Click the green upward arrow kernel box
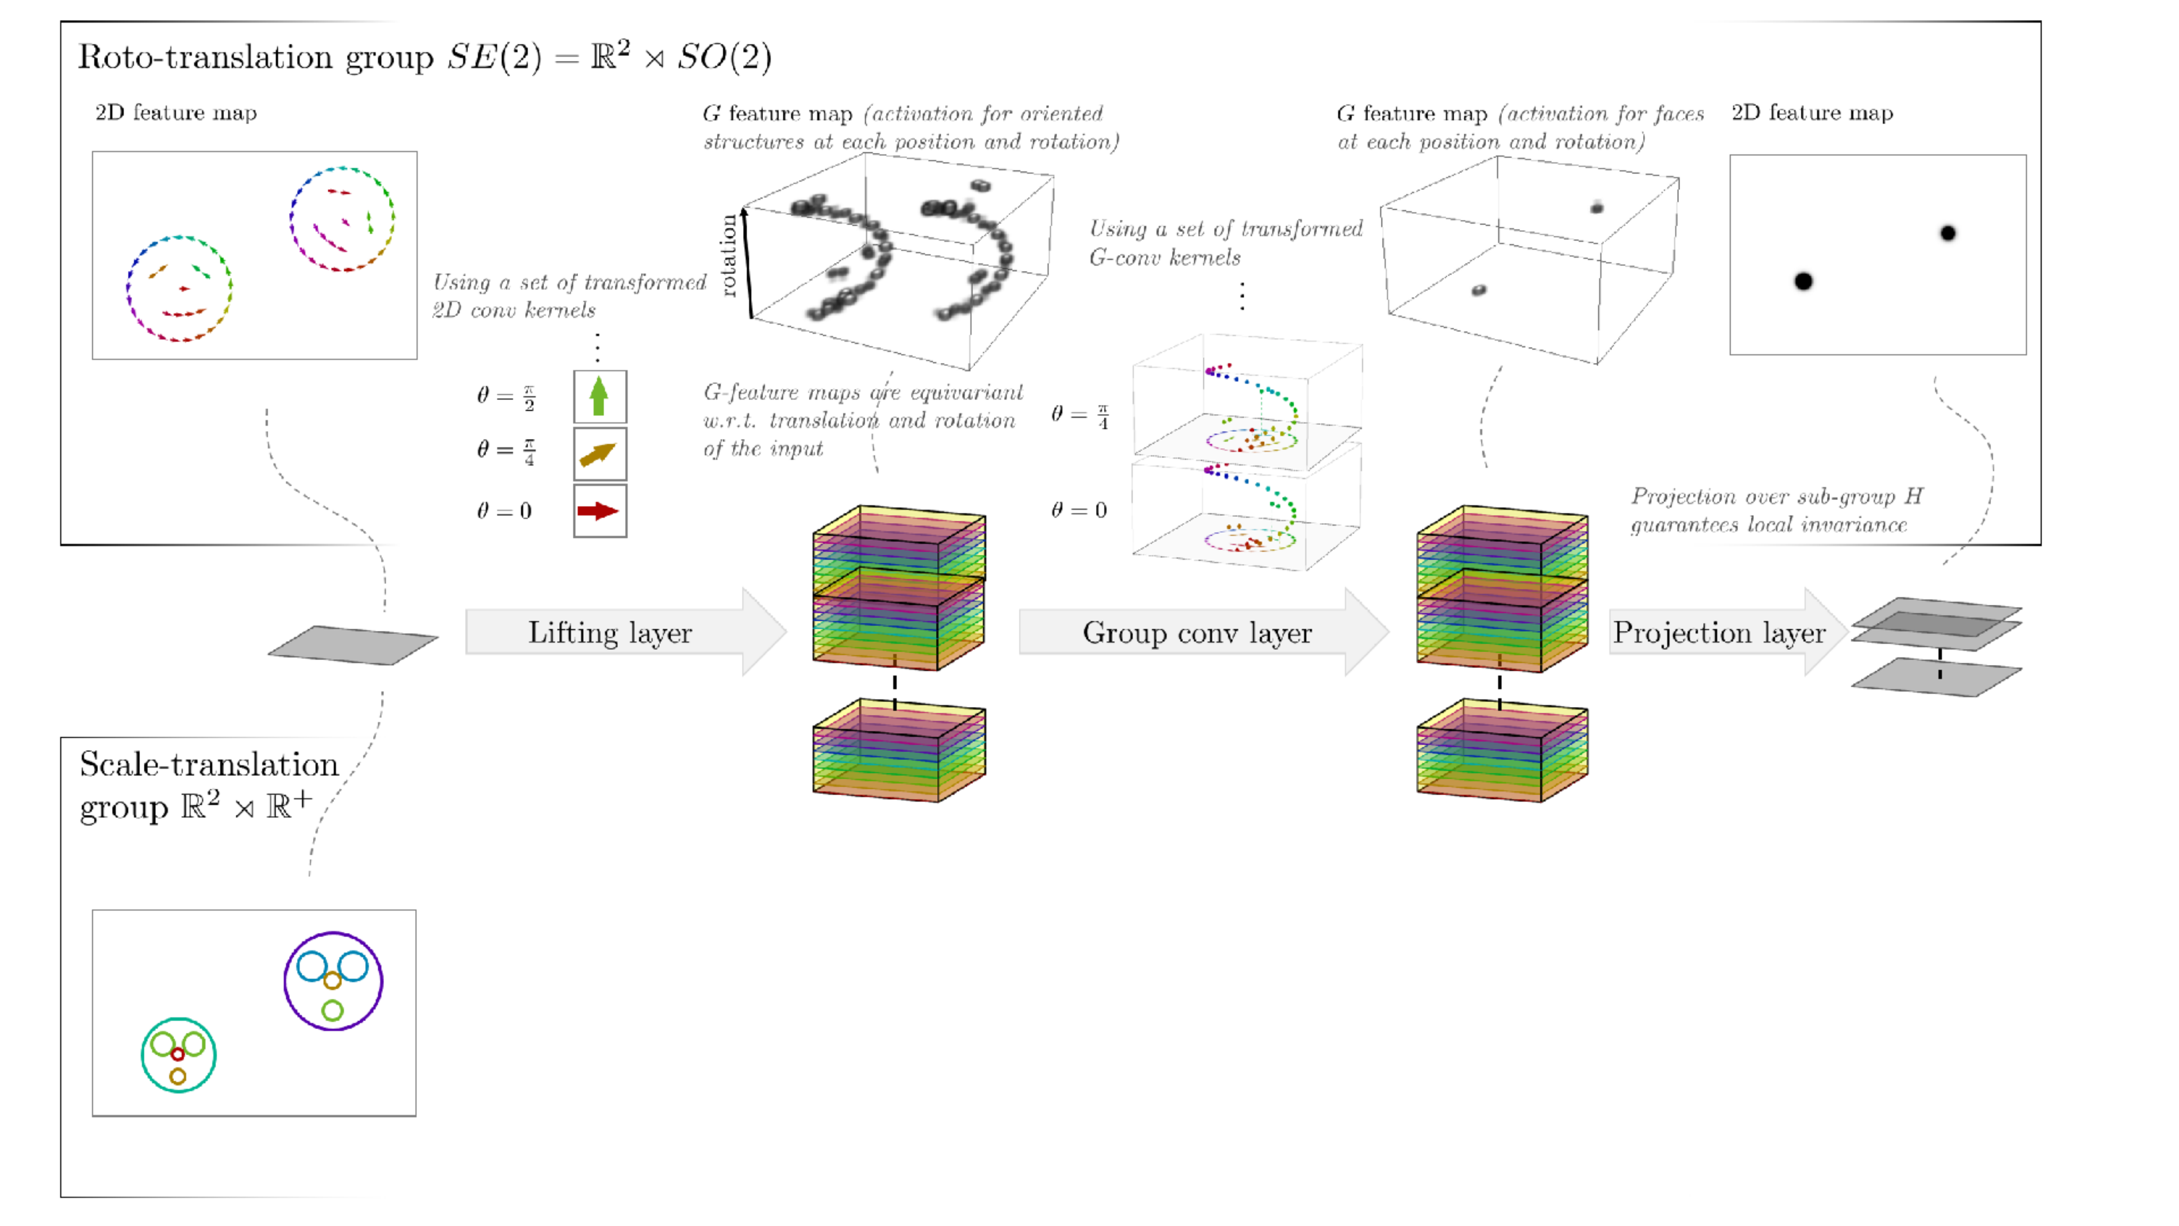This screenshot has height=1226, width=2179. (x=600, y=396)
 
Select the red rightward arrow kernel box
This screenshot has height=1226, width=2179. (x=600, y=511)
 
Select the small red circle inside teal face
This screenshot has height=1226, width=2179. (x=178, y=1054)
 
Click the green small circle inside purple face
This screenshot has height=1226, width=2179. (x=333, y=1010)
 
